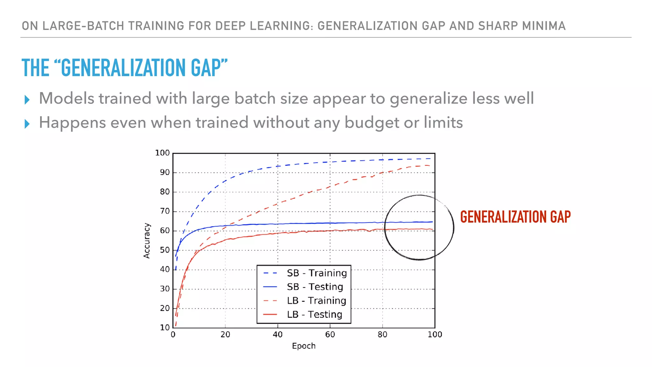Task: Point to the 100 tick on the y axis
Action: [x=162, y=153]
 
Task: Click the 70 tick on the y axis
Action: [x=165, y=211]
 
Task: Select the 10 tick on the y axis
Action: [x=165, y=327]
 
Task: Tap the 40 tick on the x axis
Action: [x=278, y=335]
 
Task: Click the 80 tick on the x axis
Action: [x=382, y=335]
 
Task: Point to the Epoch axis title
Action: [x=304, y=346]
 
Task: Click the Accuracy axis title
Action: [x=146, y=241]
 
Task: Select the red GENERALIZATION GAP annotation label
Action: [x=515, y=217]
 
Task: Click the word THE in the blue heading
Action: [x=35, y=68]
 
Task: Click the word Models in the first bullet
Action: [x=67, y=98]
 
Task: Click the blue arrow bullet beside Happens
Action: [x=27, y=124]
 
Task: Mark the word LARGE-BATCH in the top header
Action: [x=83, y=26]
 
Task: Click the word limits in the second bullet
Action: [x=443, y=123]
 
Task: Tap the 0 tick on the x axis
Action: [x=173, y=335]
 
